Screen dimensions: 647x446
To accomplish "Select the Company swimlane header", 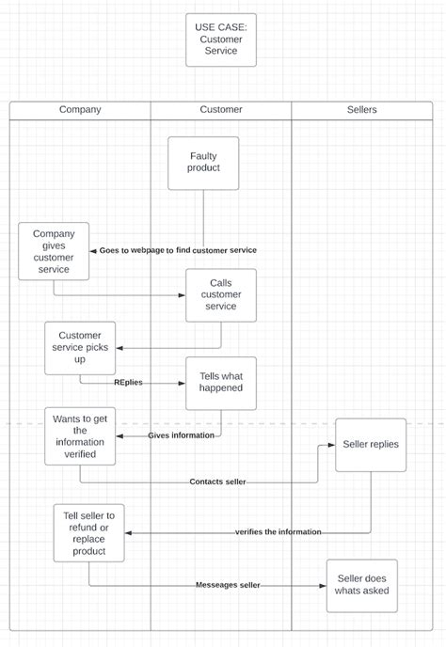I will (80, 110).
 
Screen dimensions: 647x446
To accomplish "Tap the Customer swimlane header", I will (221, 110).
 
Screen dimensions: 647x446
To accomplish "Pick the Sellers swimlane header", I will (361, 110).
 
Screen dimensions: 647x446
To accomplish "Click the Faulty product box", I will (204, 163).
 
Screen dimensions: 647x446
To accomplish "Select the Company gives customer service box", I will (54, 251).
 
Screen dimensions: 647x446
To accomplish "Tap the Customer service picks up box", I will (80, 347).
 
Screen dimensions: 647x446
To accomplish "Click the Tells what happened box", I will (221, 383).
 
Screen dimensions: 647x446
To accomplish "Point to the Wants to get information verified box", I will (80, 435).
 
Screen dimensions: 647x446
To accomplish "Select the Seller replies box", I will (371, 445).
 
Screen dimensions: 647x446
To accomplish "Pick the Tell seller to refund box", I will (88, 532).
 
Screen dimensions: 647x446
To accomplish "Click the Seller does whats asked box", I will (361, 586).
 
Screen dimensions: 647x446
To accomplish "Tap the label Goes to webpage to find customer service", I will (178, 250).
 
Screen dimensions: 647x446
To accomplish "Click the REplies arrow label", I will (129, 383).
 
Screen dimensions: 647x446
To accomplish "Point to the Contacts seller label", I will (217, 482).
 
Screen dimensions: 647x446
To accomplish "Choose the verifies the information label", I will (278, 532).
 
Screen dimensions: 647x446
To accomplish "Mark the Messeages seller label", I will (228, 586).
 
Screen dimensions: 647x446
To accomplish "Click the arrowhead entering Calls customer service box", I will (182, 294).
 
